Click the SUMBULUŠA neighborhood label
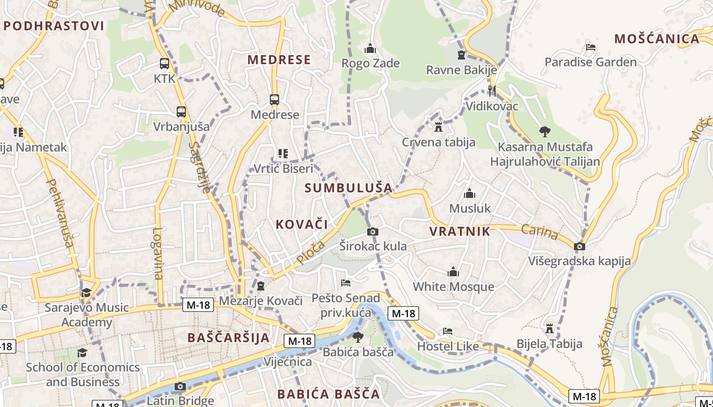tap(348, 188)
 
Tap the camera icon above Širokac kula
tap(373, 232)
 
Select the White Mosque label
tap(453, 286)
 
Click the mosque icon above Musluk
tap(470, 194)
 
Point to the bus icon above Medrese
tap(275, 100)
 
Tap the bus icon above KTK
tap(164, 64)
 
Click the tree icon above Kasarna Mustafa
tap(544, 132)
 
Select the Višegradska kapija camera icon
tap(579, 247)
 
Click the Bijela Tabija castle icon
tap(549, 329)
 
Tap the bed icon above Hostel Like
tap(448, 331)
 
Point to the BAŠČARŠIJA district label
tap(228, 338)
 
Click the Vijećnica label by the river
tap(287, 362)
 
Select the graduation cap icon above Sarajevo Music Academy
tap(86, 293)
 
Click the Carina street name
tap(539, 232)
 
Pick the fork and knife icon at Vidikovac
tap(491, 91)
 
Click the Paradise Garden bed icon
tap(591, 47)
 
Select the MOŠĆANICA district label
tap(656, 39)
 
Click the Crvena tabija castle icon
tap(438, 127)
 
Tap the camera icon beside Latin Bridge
tap(180, 387)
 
